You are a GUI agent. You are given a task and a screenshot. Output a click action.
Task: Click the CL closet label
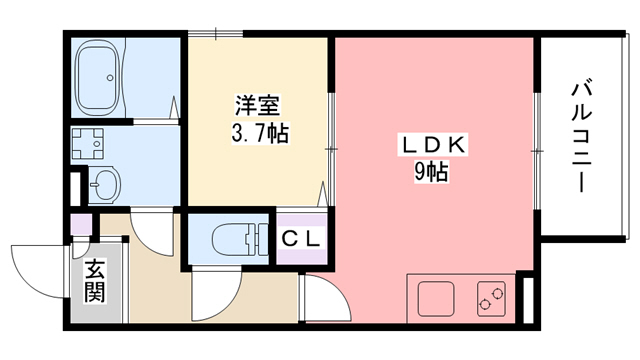tap(299, 239)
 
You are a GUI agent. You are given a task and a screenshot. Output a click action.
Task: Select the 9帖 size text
tap(431, 172)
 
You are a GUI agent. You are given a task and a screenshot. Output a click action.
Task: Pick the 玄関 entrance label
tap(95, 282)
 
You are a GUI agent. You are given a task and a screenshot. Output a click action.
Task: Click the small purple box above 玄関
tap(81, 224)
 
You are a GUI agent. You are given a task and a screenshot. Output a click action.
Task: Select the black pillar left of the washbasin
tap(73, 188)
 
